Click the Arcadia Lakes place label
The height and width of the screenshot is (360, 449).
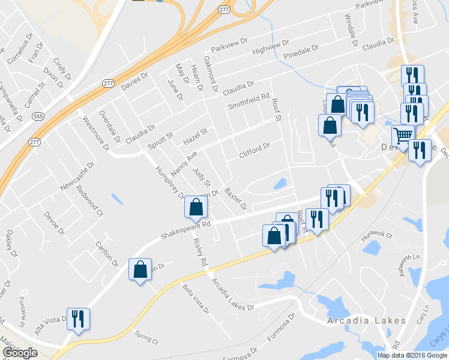tap(366, 320)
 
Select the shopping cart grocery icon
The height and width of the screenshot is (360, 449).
tap(403, 136)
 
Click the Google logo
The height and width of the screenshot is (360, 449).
tap(20, 353)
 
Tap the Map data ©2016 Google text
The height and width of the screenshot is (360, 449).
tap(412, 355)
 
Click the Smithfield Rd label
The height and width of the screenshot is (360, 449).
tap(248, 101)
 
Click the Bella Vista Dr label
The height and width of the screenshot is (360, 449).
tap(196, 299)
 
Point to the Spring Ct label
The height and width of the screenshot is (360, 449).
tap(146, 337)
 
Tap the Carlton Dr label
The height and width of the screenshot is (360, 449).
tap(106, 254)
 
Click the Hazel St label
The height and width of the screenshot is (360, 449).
tap(195, 136)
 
